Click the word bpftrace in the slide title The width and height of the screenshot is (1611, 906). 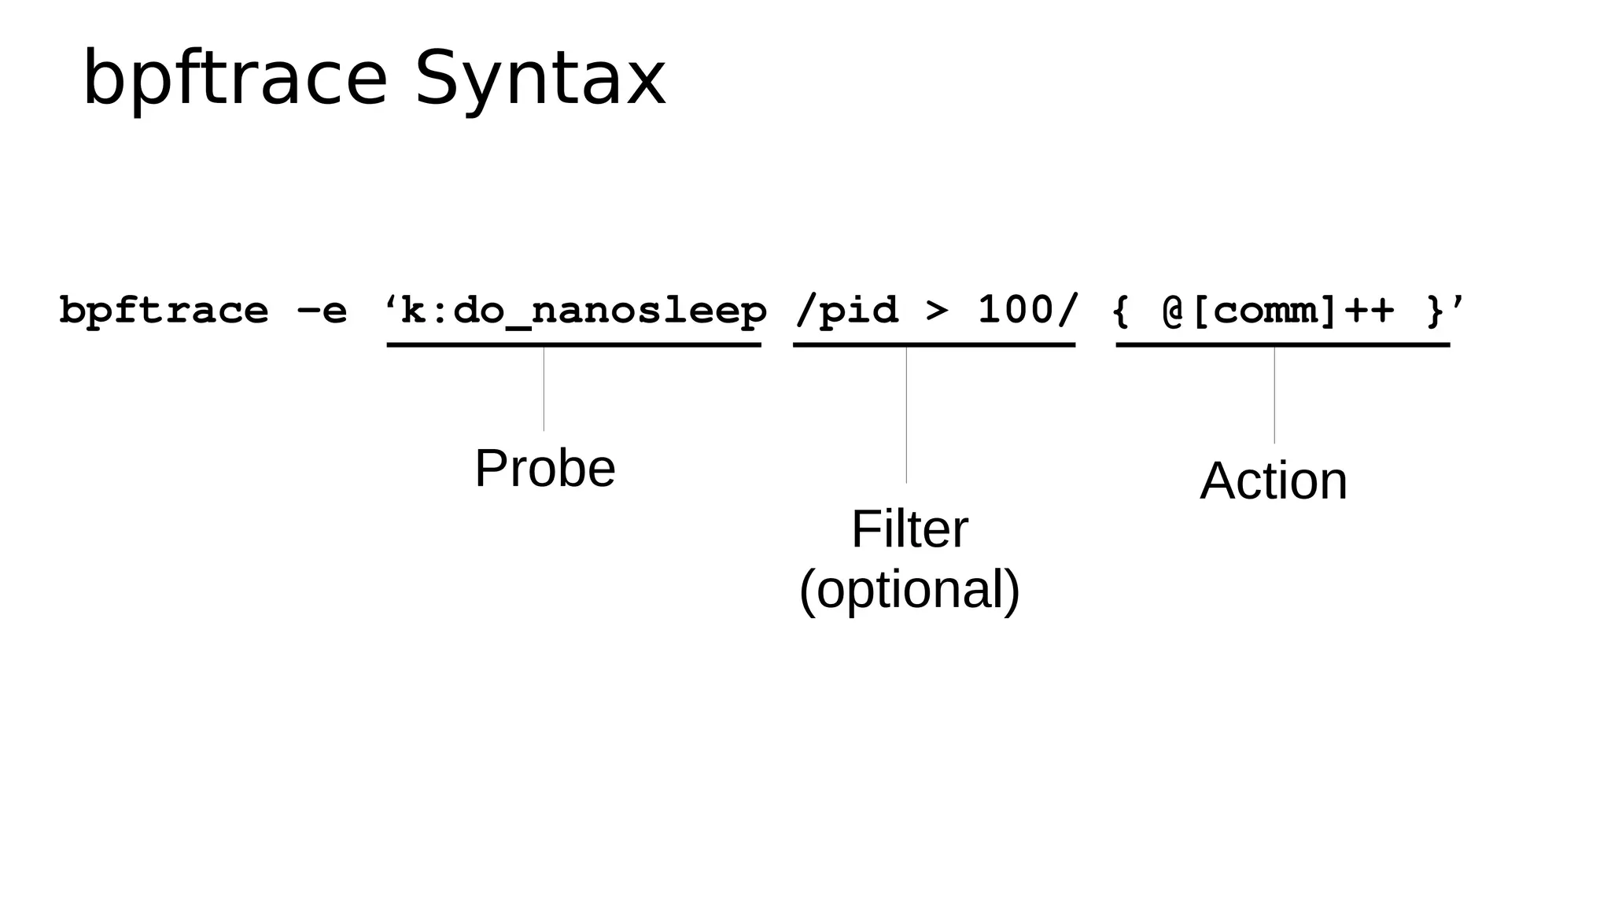(235, 79)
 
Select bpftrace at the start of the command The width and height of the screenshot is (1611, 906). (164, 311)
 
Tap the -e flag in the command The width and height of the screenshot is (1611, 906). (322, 311)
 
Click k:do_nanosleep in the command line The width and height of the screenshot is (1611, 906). (583, 311)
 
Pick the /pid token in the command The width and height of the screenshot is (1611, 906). (846, 311)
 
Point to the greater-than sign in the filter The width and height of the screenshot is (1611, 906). (937, 311)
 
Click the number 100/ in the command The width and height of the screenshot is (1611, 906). (1027, 311)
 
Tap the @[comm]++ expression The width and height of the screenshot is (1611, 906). (1278, 311)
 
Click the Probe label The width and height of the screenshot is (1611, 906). (545, 469)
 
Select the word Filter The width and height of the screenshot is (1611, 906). (909, 529)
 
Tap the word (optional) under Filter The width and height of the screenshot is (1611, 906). (909, 589)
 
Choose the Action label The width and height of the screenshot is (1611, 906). (1274, 481)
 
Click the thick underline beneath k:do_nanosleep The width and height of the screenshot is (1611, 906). (573, 344)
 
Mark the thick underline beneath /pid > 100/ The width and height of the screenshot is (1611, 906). (934, 344)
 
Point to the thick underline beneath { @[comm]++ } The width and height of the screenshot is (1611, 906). (1282, 344)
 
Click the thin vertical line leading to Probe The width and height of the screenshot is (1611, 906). (544, 389)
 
